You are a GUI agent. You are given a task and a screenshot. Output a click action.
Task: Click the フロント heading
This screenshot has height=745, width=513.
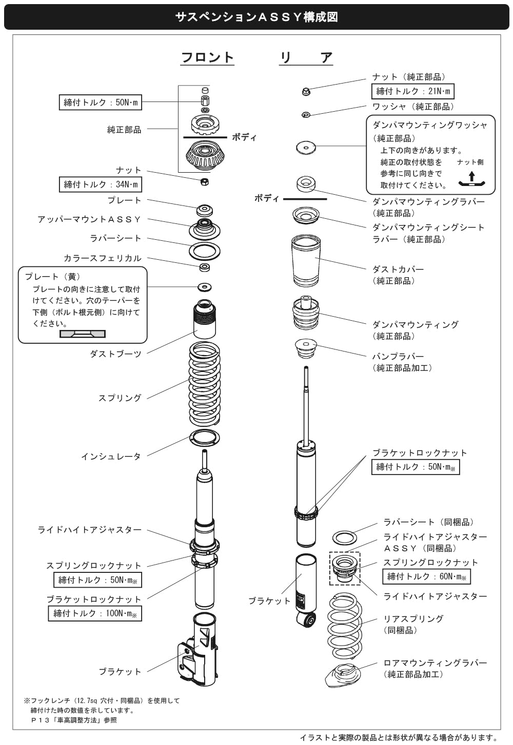click(x=207, y=57)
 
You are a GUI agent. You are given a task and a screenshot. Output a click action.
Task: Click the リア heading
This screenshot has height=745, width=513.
click(x=306, y=57)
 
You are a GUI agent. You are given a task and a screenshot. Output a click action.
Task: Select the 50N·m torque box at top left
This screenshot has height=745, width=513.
click(x=100, y=102)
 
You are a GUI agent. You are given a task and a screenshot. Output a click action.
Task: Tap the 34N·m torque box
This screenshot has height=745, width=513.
click(x=100, y=184)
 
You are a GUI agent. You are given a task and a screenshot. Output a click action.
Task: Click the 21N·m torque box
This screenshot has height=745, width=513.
click(x=412, y=91)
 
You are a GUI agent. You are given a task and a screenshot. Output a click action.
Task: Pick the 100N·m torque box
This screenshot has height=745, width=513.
click(x=95, y=613)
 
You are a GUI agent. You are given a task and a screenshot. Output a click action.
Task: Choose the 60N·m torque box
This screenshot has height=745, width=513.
click(x=426, y=576)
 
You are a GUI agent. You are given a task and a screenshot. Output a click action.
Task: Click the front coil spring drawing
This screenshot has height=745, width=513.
click(x=205, y=384)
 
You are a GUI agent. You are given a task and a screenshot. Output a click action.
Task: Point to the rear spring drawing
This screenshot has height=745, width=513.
click(x=344, y=626)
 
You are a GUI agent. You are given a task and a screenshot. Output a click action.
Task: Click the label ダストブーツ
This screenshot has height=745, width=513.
click(x=115, y=354)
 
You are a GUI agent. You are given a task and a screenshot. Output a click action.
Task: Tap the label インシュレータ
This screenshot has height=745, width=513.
click(x=111, y=456)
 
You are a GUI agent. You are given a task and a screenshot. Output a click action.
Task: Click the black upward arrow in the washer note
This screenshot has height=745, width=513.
click(x=471, y=177)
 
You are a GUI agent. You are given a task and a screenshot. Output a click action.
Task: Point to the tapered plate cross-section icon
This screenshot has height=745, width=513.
click(x=83, y=334)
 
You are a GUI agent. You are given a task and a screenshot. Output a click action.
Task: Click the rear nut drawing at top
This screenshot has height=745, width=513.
click(x=306, y=92)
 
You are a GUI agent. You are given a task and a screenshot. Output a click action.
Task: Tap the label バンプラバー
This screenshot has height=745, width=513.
click(x=398, y=356)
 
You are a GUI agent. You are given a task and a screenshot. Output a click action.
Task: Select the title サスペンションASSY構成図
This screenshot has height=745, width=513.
click(x=256, y=17)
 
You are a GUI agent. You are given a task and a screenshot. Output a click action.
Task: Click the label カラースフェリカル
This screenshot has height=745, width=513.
click(x=102, y=258)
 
